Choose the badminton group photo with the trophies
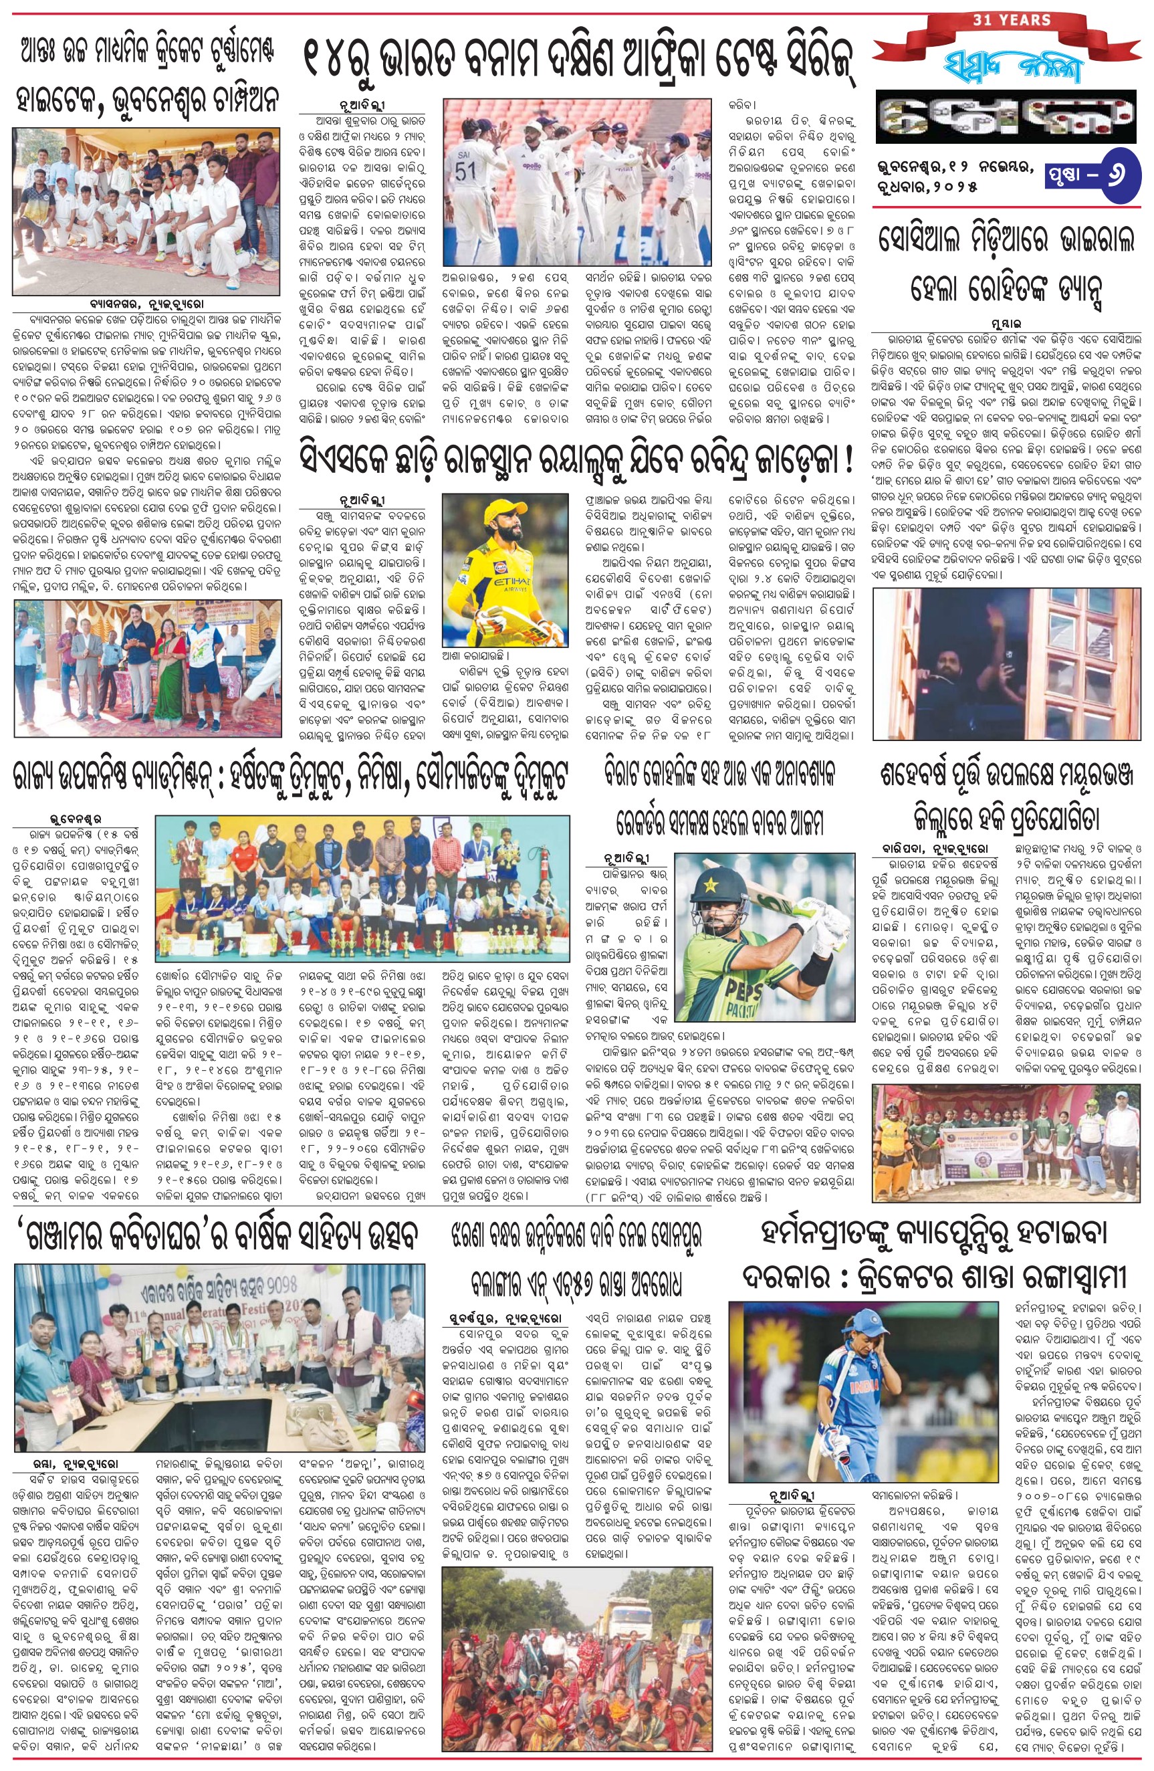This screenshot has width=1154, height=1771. pos(362,891)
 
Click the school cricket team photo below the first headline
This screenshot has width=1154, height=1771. pos(146,211)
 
